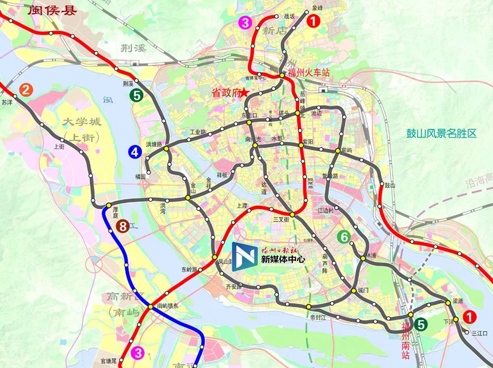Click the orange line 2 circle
pos(26,90)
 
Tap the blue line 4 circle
pos(134,152)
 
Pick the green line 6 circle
pos(345,237)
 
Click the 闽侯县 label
pos(52,10)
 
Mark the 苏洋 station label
pos(7,103)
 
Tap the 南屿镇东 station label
pos(170,306)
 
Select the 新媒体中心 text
pos(283,258)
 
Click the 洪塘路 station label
pos(154,145)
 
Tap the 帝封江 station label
pos(318,318)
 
